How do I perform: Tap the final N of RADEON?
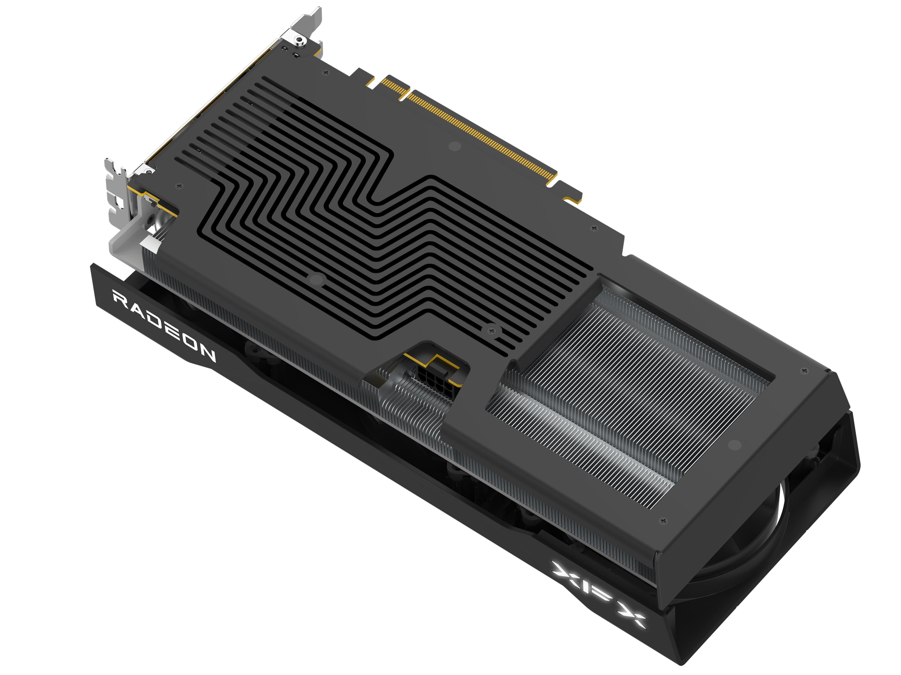coord(207,354)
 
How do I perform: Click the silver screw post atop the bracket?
coord(300,39)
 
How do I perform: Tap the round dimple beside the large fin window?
coord(735,445)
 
